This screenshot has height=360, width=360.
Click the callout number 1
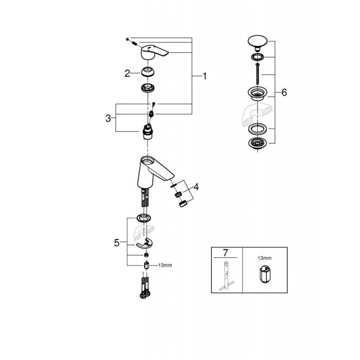coord(204,76)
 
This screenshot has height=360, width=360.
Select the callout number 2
coord(127,73)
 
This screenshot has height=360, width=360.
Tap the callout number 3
coord(108,118)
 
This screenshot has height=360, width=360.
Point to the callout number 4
coord(196,187)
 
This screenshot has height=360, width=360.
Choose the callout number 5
coord(117,243)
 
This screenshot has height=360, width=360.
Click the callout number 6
coord(284,93)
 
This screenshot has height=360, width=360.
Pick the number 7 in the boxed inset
coord(225,253)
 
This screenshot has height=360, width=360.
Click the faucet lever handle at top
coord(154,52)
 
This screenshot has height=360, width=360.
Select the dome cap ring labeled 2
coord(148,72)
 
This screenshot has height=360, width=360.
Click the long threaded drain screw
coord(258,74)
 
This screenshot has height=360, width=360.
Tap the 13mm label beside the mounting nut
coord(165,265)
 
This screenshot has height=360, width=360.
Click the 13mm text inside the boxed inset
coord(265,258)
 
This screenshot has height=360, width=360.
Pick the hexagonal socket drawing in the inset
coord(264,274)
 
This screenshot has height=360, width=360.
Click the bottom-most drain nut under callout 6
coord(258,143)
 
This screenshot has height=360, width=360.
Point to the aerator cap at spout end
coord(183,204)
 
